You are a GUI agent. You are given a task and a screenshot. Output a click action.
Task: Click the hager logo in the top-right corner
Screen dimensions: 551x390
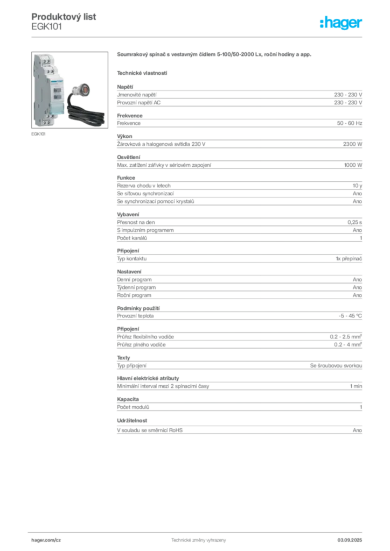click(342, 23)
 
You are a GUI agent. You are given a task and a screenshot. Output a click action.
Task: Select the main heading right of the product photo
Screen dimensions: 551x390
click(214, 55)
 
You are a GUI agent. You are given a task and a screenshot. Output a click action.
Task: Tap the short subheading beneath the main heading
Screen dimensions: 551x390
click(142, 72)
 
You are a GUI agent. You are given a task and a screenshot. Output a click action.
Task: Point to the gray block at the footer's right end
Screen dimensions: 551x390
click(354, 539)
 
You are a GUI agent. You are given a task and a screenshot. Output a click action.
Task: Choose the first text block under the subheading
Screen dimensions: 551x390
click(239, 95)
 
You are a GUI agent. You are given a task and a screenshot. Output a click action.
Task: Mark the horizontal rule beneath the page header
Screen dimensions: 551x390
click(198, 37)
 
